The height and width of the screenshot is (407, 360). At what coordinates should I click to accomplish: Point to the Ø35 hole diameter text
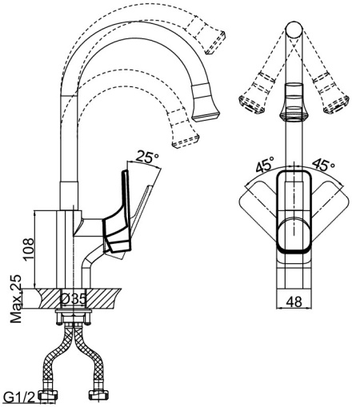pos(74,298)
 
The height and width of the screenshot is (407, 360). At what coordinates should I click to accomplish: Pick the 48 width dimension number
pos(294,302)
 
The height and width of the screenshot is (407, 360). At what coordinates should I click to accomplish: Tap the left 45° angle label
pos(265,166)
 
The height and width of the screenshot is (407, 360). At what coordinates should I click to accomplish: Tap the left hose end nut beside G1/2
pos(54,394)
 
